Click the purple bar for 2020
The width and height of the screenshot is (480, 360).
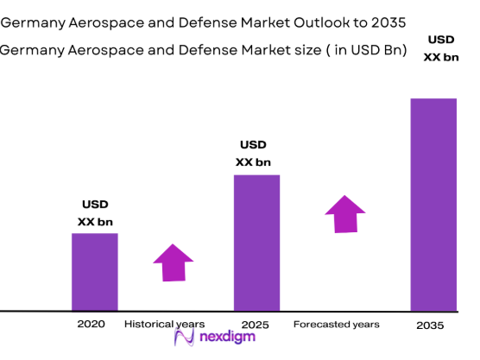94,271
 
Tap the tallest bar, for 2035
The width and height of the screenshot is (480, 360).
433,204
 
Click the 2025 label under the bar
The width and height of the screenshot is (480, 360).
256,325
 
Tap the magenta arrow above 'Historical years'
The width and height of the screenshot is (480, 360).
174,262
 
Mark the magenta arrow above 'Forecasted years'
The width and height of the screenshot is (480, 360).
345,214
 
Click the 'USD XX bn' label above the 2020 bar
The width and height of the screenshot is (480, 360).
95,213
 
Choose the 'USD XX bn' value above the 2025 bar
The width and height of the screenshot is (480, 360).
253,153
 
